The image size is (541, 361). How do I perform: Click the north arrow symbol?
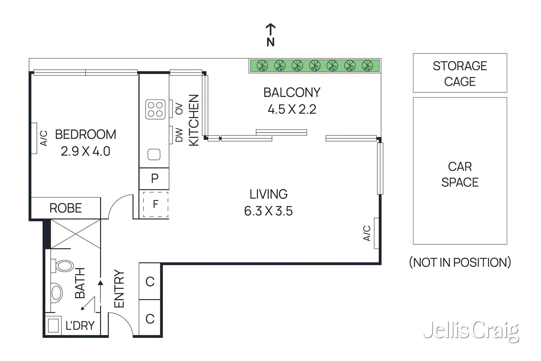pos(270,30)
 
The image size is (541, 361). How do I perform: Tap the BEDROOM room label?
pos(86,134)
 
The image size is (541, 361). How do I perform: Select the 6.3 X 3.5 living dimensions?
pos(268,211)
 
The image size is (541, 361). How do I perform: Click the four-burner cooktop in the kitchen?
pos(155,109)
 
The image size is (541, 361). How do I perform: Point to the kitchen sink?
pos(154,154)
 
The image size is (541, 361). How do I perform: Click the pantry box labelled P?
pos(155,178)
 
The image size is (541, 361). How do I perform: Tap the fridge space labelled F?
pos(156,204)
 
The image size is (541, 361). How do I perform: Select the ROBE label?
pos(66,208)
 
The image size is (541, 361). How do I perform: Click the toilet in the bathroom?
pos(63,266)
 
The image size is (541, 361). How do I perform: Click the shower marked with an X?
pos(75,234)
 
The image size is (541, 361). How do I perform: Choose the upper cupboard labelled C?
pos(150,281)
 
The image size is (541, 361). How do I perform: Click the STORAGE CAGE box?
pos(460,73)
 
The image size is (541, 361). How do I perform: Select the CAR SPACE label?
pos(460,174)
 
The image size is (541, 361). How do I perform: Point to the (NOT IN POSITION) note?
pos(460,262)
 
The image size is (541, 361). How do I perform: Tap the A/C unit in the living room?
pos(376,233)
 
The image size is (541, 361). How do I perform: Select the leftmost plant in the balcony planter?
pos(262,66)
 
